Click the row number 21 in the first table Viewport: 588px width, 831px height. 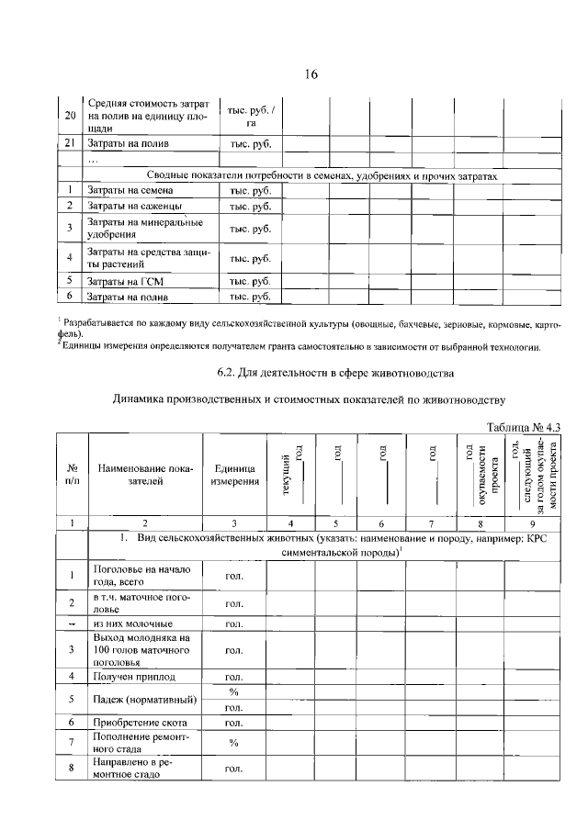click(x=71, y=144)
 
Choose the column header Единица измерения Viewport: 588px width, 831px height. click(x=234, y=474)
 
